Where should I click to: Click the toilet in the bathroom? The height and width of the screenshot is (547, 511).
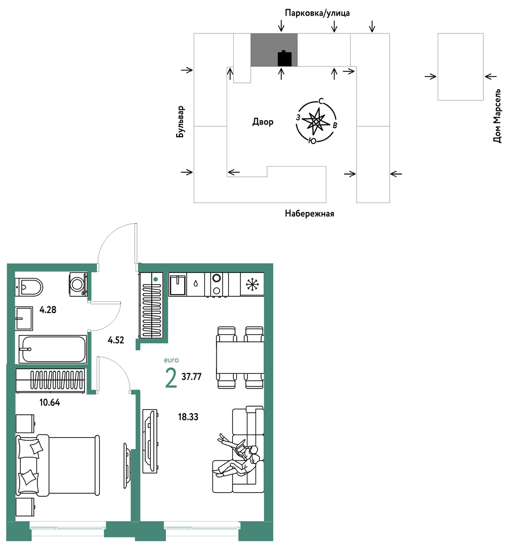(x=29, y=287)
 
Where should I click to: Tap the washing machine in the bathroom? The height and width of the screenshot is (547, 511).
(x=78, y=284)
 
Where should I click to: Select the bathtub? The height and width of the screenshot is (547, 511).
(x=52, y=349)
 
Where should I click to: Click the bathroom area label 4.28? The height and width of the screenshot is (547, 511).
(x=48, y=309)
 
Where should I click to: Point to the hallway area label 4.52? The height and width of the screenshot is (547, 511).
(x=116, y=340)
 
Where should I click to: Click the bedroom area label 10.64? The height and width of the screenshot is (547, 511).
(x=50, y=402)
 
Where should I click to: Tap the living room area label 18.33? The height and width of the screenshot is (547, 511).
(x=188, y=416)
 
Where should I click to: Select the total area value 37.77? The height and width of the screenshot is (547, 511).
(x=191, y=376)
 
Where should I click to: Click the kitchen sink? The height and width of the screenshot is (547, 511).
(x=178, y=285)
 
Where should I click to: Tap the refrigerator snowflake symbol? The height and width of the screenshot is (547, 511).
(x=252, y=284)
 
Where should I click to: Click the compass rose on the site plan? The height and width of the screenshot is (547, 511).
(x=316, y=121)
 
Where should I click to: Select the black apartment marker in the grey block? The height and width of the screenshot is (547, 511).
(x=284, y=58)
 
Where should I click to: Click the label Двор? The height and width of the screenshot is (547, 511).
(x=263, y=122)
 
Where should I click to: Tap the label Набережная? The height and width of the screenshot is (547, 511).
(x=310, y=214)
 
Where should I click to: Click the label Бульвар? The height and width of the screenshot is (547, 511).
(x=180, y=122)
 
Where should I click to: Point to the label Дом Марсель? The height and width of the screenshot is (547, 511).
(x=497, y=116)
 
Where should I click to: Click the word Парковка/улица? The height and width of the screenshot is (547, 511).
(x=317, y=13)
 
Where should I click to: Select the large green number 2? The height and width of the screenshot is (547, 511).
(x=171, y=378)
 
